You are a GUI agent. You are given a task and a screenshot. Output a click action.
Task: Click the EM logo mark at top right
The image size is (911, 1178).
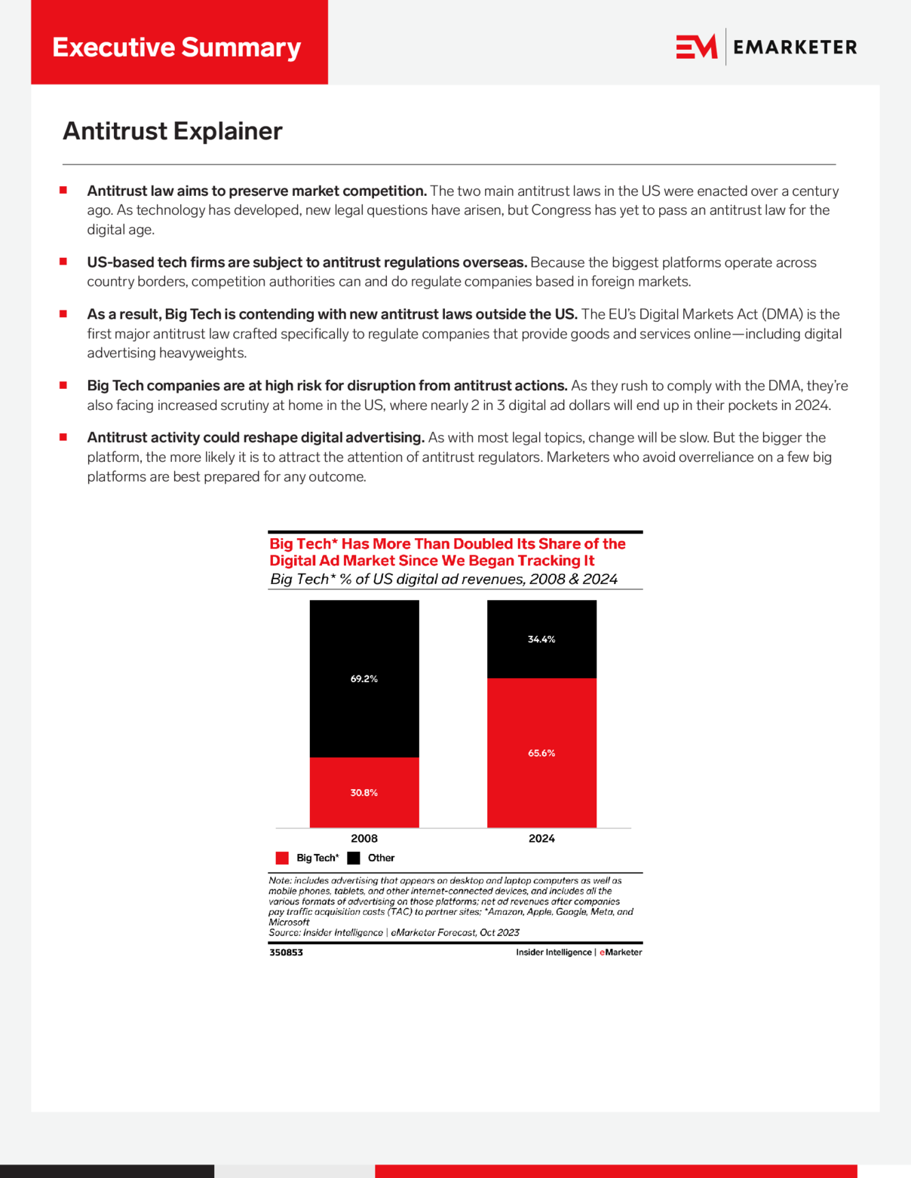coord(696,47)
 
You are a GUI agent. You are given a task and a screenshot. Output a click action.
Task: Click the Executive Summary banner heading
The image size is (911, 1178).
coord(176,47)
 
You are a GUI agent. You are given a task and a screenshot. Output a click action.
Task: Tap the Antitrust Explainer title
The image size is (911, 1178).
coord(172,131)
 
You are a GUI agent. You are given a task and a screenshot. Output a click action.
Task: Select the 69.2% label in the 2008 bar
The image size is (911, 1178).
coord(363,679)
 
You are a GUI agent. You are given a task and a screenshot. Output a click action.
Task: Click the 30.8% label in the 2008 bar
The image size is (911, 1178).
coord(363,793)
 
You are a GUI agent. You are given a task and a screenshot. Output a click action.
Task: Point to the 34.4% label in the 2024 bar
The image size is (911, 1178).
coord(541,639)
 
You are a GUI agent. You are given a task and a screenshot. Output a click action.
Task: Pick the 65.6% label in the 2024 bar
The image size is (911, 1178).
coord(541,753)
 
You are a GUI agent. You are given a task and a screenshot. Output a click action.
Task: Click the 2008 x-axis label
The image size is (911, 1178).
coord(364,838)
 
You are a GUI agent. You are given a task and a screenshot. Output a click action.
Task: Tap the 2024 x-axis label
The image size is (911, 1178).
coord(541,838)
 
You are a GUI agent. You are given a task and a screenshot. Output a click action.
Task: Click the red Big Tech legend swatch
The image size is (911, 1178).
coord(282,858)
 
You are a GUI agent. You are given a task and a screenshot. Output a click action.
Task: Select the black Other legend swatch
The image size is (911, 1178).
coord(354,858)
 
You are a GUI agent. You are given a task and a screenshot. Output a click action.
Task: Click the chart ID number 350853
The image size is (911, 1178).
coord(286,953)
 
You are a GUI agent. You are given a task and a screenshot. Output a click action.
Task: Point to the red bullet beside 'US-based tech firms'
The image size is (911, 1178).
coord(63,262)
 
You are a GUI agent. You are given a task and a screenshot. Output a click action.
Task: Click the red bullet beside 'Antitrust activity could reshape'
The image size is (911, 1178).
coord(63,437)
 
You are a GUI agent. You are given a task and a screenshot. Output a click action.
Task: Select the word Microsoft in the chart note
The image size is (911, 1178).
coord(289,922)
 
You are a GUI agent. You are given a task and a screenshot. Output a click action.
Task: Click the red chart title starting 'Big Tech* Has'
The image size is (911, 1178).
coord(447,552)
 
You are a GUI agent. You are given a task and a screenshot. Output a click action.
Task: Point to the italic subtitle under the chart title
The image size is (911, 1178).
coord(443,579)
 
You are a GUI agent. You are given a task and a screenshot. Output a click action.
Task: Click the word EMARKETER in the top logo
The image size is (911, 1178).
coord(795,47)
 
